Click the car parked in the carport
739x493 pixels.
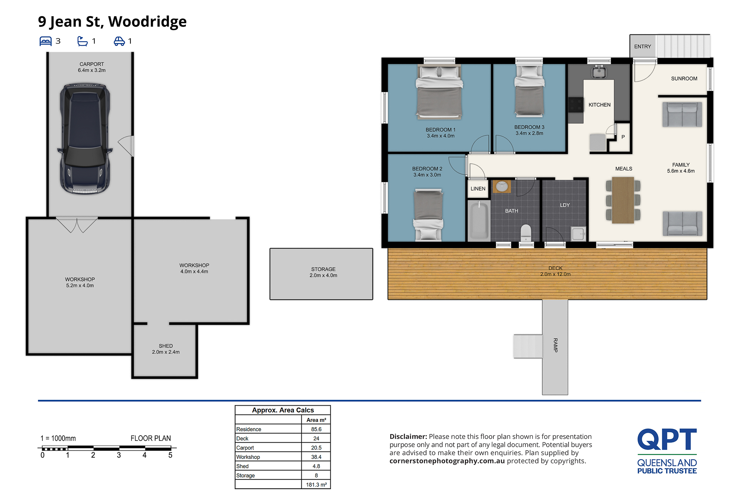coord(85,139)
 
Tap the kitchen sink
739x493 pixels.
coord(599,71)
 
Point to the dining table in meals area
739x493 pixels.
coord(623,200)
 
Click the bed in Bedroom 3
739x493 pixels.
coord(529,91)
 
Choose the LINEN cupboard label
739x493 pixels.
coord(478,189)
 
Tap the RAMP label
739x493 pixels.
coord(555,345)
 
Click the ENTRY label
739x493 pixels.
coord(643,47)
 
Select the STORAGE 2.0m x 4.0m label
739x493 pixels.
coord(323,272)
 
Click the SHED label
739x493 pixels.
coord(166,346)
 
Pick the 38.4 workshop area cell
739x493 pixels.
coord(316,457)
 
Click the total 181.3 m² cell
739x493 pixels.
coord(316,485)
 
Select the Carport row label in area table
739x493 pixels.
coord(245,448)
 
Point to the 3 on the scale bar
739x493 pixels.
coord(119,455)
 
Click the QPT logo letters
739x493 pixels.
coord(667,439)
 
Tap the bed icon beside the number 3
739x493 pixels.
coord(45,41)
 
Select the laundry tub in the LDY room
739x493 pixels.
coord(578,234)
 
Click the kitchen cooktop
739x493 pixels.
coord(576,104)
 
